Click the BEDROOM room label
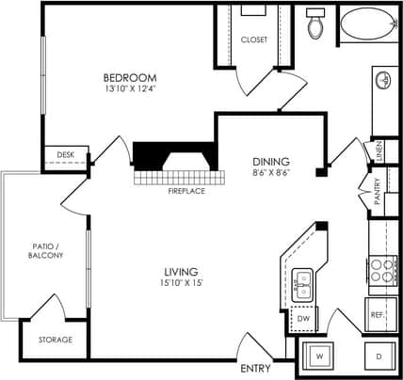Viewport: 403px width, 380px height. pos(129,77)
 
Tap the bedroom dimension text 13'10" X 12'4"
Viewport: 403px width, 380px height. pos(129,90)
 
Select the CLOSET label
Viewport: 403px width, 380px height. pos(254,40)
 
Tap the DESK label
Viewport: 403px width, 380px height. pos(65,155)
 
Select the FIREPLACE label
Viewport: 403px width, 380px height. pos(185,191)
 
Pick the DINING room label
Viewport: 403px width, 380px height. pos(270,161)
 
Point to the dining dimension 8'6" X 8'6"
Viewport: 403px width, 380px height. pos(270,174)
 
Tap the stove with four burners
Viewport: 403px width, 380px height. pos(382,270)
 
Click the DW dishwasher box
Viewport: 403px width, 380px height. pos(303,319)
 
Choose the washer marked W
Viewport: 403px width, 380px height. pos(318,357)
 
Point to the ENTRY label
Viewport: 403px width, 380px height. pos(255,368)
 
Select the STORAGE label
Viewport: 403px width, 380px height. pos(56,340)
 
